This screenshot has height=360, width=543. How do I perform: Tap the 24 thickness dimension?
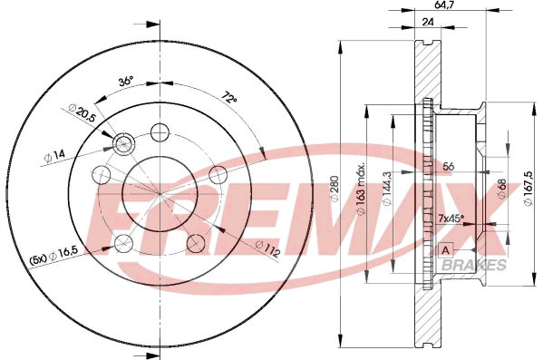coord(428,22)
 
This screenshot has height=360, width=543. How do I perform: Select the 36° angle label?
coord(125,82)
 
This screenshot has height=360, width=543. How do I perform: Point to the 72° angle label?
coord(229,97)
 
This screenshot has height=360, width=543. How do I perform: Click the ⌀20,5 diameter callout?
coord(82,112)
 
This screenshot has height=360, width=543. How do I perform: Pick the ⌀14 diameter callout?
coord(54,156)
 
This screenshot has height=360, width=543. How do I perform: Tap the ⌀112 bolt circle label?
coord(267,248)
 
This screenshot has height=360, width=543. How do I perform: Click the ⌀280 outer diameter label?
coord(335,189)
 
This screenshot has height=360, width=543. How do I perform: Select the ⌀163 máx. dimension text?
coord(361,188)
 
